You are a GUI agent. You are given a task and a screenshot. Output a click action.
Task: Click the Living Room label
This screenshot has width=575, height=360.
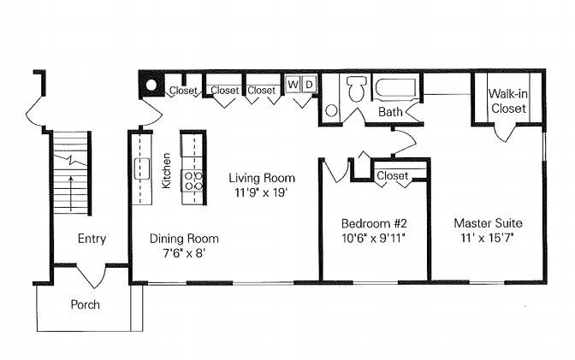[262, 178]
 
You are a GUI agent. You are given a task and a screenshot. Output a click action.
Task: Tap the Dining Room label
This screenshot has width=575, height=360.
[184, 239]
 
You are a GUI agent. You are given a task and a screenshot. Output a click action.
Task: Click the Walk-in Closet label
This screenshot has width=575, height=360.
[507, 101]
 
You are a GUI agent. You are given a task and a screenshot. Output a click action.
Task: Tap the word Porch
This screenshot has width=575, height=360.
[85, 304]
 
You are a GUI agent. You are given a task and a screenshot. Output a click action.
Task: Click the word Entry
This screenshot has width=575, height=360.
[92, 239]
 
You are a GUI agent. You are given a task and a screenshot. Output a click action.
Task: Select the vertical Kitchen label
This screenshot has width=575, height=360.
[166, 170]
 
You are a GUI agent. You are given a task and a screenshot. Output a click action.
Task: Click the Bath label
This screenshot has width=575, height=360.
[391, 112]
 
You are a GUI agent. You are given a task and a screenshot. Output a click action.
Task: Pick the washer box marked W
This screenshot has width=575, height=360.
[293, 85]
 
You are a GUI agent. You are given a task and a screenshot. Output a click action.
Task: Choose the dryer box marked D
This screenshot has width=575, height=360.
[309, 85]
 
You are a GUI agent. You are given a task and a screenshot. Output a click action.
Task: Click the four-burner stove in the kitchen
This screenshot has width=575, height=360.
[193, 180]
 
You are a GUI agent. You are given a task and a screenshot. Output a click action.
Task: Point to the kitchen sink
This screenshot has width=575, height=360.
[142, 164]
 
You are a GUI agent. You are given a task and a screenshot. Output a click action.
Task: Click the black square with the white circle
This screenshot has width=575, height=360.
[151, 86]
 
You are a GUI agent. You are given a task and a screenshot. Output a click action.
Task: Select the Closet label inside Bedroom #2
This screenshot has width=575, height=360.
[393, 175]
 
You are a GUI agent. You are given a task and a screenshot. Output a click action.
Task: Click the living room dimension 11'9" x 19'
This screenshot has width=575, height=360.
[262, 192]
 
